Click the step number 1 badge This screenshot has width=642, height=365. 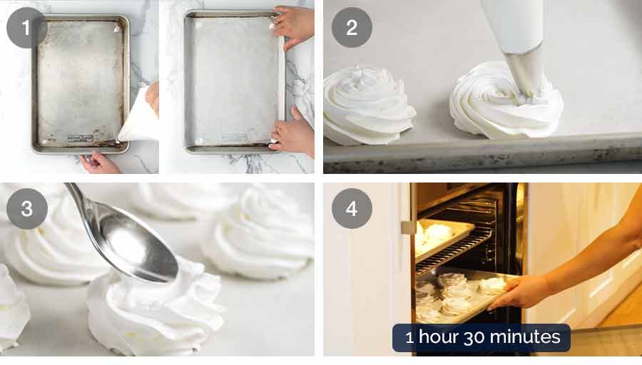[26, 27]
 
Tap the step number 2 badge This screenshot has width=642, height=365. [352, 27]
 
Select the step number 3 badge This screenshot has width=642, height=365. [26, 209]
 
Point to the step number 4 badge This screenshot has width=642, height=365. [352, 209]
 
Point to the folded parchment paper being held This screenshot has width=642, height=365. [137, 117]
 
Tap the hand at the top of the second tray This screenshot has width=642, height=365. [292, 26]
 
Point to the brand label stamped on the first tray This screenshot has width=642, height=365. [80, 139]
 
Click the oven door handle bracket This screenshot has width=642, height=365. [407, 227]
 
